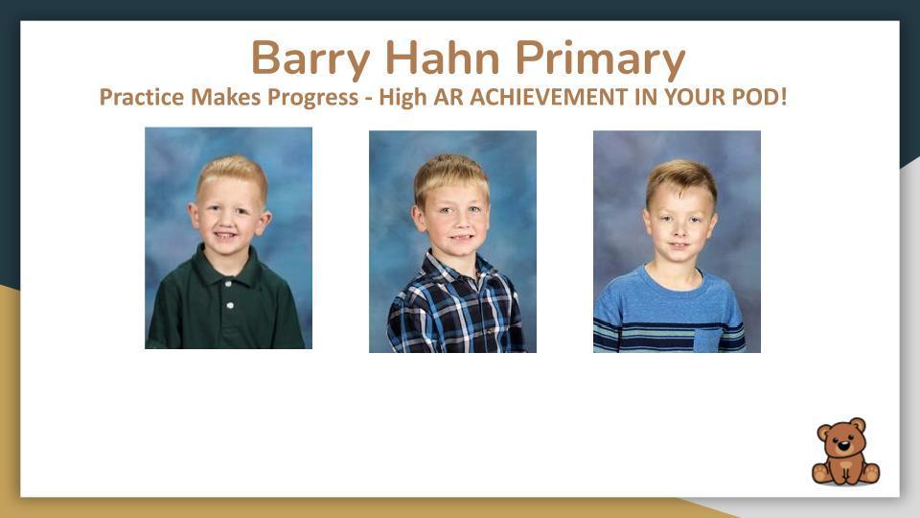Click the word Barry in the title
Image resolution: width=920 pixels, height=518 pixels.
click(310, 59)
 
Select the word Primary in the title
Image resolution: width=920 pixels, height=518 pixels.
click(600, 59)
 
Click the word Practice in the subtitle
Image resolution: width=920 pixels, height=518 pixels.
click(142, 97)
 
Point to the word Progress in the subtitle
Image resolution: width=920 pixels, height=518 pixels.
click(312, 98)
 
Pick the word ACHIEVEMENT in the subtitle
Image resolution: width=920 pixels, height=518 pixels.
click(548, 97)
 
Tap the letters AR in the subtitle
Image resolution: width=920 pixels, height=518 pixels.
click(448, 97)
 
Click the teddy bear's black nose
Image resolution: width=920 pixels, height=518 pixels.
click(843, 445)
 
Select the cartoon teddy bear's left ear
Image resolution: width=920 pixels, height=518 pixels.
click(824, 433)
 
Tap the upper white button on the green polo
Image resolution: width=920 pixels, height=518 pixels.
click(228, 284)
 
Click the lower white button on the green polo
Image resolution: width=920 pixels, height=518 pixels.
click(230, 305)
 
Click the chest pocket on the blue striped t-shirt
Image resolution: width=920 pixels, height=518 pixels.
click(707, 340)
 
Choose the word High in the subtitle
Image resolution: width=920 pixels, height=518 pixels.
click(402, 98)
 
